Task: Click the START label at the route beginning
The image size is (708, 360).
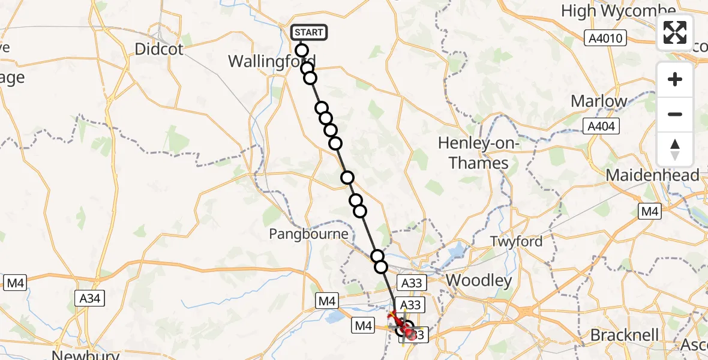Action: [309, 32]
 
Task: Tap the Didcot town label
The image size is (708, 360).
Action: [159, 49]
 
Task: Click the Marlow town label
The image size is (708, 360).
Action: [599, 101]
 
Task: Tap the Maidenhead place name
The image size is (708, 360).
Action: [653, 175]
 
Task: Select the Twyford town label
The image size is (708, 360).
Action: [516, 241]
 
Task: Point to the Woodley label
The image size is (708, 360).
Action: [479, 280]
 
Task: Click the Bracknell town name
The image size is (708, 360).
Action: [624, 335]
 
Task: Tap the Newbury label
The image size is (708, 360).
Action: [86, 355]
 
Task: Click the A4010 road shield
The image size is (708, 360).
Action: [606, 39]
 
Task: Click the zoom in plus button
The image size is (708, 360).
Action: [675, 79]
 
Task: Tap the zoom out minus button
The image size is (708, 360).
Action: [675, 114]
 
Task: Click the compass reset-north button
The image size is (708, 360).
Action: [675, 149]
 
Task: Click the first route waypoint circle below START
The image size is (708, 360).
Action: [302, 51]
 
